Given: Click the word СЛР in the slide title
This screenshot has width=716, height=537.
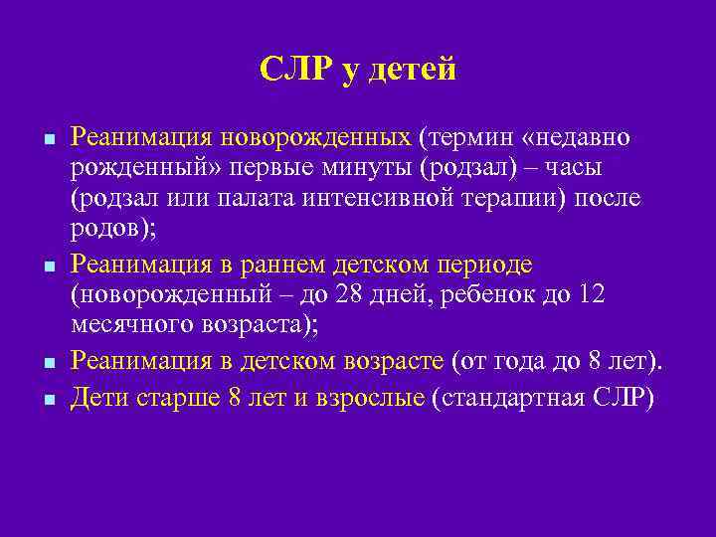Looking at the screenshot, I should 295,70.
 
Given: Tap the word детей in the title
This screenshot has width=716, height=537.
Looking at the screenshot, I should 410,70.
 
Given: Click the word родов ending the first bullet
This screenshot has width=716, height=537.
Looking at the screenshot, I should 102,230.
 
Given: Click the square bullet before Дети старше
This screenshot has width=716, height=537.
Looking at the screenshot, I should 47,398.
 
